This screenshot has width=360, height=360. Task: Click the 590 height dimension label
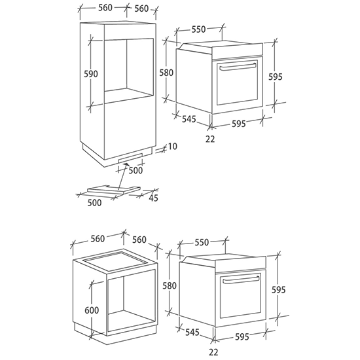(91, 74)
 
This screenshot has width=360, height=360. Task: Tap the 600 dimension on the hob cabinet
(92, 310)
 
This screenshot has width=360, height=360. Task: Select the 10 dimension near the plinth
(172, 146)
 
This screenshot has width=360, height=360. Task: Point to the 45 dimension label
(153, 198)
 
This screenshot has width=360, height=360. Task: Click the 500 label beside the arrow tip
(135, 170)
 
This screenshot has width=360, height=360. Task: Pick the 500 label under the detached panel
(94, 203)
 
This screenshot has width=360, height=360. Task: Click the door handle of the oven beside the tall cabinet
(238, 66)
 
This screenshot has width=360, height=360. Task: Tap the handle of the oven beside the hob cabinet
(241, 280)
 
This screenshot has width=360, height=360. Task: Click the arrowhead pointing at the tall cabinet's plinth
(126, 164)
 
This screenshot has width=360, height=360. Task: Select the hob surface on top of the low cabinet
(115, 261)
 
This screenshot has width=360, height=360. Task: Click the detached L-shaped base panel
(114, 189)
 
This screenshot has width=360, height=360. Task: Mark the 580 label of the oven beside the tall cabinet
(166, 73)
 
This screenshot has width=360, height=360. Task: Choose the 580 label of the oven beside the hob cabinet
(170, 286)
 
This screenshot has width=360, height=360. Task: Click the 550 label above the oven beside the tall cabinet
(198, 29)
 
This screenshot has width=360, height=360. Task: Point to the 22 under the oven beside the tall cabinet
(210, 139)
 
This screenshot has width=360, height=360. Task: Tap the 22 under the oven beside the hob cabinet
(213, 352)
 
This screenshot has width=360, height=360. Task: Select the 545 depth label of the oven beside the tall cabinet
(189, 119)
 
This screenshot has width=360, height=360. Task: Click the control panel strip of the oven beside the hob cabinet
(241, 264)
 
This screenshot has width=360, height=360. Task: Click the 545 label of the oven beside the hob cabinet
(192, 332)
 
